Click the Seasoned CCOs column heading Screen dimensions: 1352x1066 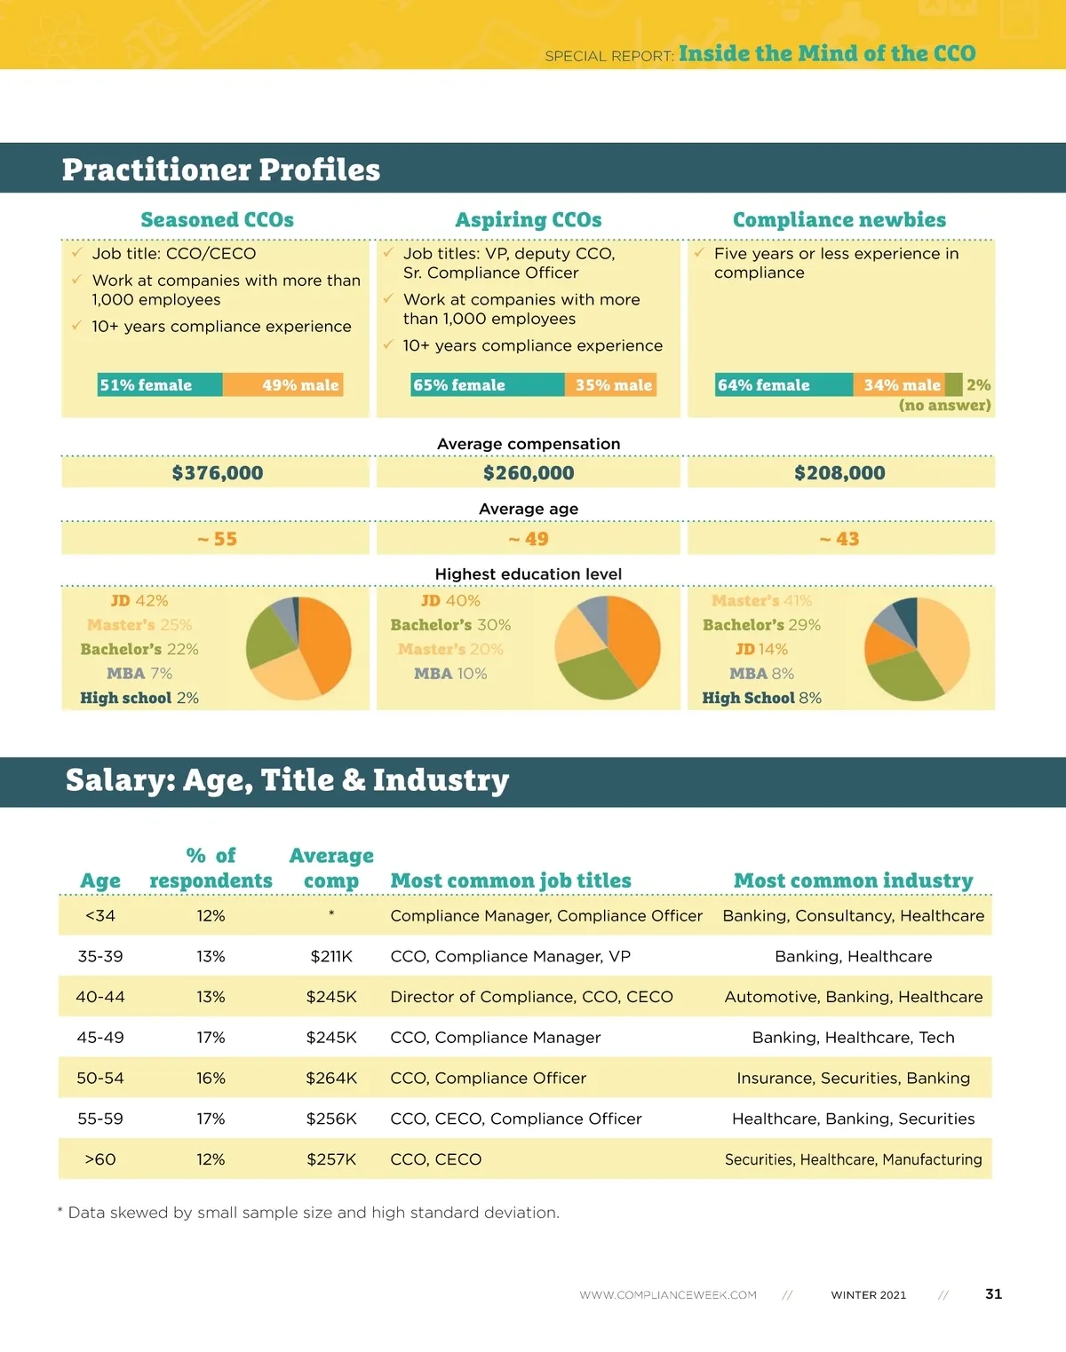217,219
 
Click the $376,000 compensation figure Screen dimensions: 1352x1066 218,473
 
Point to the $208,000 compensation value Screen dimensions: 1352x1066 839,473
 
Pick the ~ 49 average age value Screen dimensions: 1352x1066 529,539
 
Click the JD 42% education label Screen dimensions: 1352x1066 139,601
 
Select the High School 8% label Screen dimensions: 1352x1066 761,698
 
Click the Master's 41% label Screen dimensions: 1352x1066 761,601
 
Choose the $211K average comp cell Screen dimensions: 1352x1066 331,956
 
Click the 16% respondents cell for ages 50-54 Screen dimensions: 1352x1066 211,1078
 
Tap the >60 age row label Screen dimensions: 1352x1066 100,1159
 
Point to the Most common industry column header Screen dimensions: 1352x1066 853,881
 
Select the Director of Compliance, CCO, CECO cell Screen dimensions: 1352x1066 531,997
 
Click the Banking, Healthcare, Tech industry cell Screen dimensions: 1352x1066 853,1037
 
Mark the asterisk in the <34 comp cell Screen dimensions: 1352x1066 331,914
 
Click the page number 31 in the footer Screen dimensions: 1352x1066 993,1294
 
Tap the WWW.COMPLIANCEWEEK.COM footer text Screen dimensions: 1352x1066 668,1295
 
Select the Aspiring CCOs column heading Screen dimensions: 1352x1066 529,219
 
